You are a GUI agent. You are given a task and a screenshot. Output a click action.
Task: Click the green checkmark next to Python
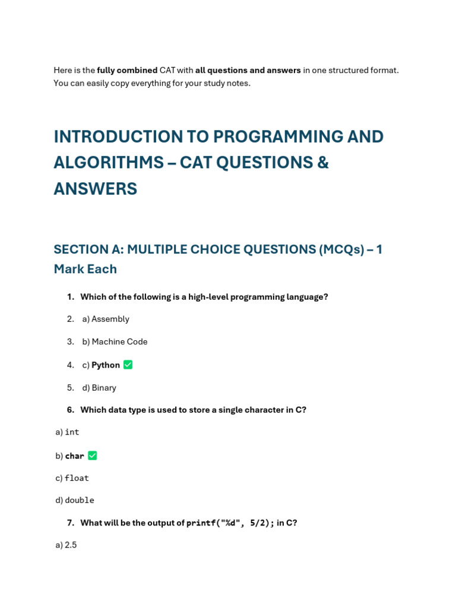coord(128,365)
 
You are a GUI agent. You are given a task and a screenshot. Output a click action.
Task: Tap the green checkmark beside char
coord(92,455)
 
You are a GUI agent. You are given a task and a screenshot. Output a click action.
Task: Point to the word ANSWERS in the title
coord(95,189)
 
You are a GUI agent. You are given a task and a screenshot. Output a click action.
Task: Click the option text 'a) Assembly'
coord(105,319)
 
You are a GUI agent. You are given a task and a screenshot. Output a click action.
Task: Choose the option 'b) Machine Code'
coord(115,341)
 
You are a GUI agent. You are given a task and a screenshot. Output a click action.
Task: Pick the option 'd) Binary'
coord(99,388)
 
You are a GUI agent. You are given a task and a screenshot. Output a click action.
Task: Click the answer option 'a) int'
coord(67,432)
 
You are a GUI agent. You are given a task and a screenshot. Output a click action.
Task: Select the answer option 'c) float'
coord(72,478)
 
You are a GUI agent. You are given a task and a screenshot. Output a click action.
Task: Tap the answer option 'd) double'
coord(75,500)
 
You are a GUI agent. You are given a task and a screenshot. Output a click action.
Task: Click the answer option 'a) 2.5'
coord(66,545)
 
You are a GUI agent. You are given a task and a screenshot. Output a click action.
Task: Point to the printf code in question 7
coord(230,523)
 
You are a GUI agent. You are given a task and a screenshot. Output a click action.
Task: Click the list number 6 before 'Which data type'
coord(71,410)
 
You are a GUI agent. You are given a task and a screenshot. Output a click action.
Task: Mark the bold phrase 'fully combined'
coord(127,70)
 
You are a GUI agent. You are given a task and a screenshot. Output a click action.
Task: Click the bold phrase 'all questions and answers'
coord(248,70)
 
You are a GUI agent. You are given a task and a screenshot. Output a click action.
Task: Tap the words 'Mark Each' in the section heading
coord(85,269)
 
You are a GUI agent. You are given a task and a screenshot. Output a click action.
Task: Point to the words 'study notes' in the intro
coord(228,83)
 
